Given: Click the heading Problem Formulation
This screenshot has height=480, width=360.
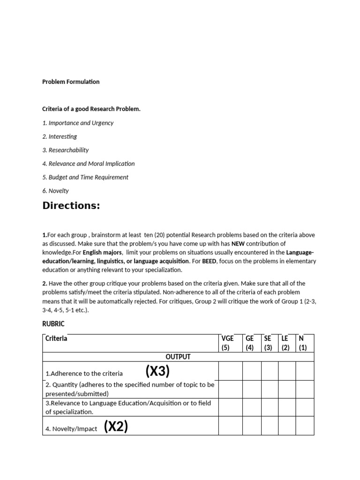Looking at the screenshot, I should coord(71,82).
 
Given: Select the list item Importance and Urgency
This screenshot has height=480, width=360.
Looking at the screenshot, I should coord(78,123).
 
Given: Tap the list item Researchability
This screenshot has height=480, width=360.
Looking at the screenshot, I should coord(66,150).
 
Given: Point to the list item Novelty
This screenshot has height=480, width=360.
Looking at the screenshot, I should coord(55,191).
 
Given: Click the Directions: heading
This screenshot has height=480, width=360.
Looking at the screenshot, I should coord(71,205).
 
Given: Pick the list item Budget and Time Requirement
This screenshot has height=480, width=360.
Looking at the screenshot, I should coord(85,177).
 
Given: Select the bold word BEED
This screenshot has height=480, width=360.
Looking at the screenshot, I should coord(209,261).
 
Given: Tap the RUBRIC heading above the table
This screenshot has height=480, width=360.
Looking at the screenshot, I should coord(53,324).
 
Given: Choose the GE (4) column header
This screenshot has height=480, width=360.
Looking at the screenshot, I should coord(250,343).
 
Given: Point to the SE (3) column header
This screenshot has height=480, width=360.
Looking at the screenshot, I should coord(268,343).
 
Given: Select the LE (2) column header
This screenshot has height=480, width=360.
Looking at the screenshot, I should coord(285,343).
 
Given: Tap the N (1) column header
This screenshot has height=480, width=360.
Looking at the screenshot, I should coord(302,343).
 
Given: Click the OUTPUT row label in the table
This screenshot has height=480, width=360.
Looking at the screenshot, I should coord(178,357).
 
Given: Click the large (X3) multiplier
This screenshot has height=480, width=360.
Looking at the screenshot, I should coord(157,371).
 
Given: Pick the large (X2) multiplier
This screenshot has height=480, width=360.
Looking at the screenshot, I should coord(116,427).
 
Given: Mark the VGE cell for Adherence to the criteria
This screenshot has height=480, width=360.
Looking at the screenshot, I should coord(231,371).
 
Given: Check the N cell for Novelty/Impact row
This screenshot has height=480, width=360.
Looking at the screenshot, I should coord(305,426).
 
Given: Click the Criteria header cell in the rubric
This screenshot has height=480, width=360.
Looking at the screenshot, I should coord(57,338).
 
